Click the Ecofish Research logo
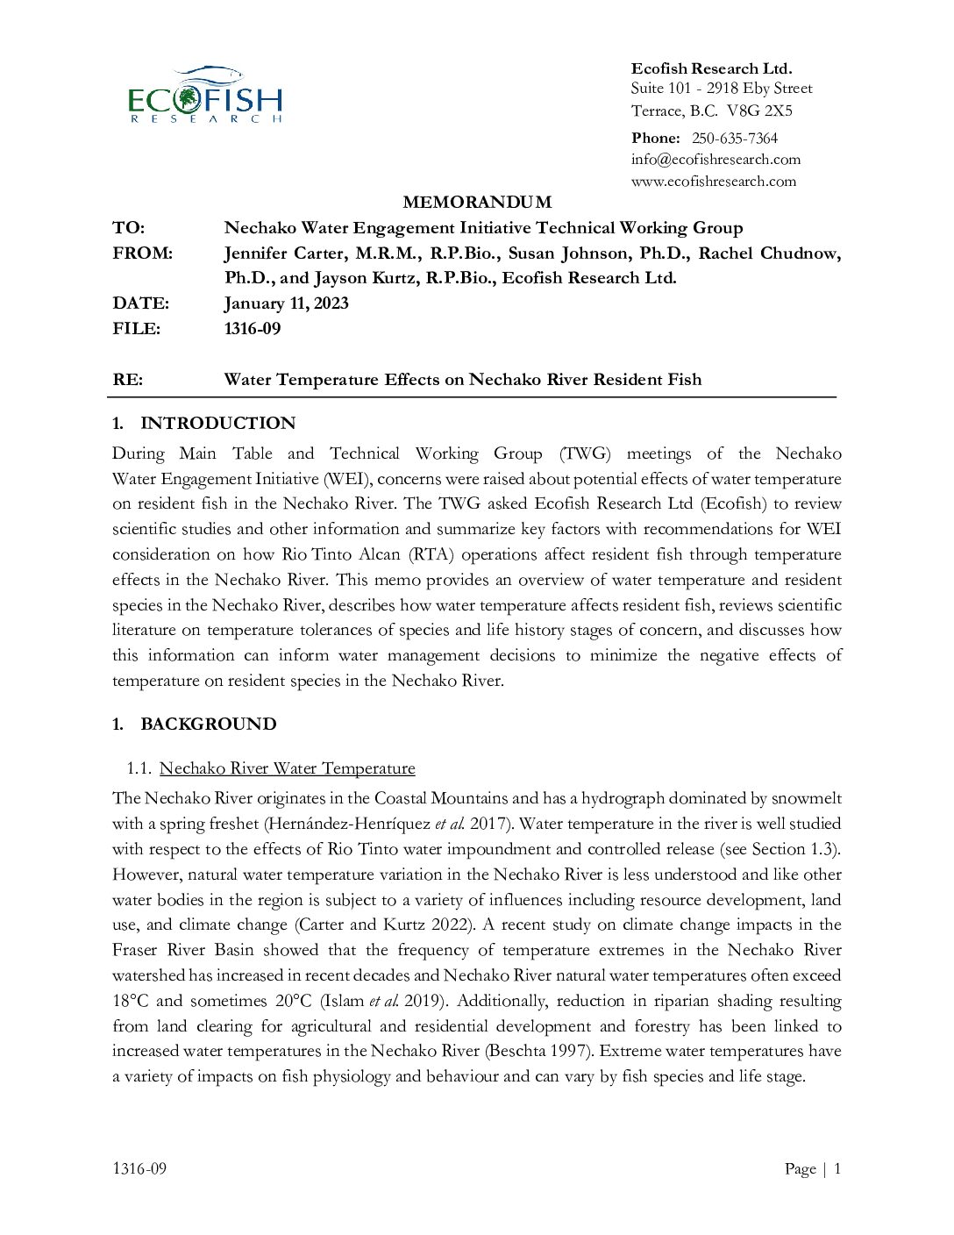tap(205, 95)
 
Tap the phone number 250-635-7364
tap(734, 138)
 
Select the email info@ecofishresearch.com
tap(715, 160)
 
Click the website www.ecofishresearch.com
tap(714, 182)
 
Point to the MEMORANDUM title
tap(477, 203)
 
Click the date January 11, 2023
tap(286, 303)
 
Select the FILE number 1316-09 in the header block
tap(253, 329)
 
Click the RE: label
tap(128, 380)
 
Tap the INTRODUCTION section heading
tap(217, 424)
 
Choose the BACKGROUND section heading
tap(208, 725)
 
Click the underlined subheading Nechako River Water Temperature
tap(287, 768)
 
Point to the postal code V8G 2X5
tap(759, 111)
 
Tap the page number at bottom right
tap(837, 1168)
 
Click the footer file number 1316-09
tap(139, 1168)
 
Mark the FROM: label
tap(142, 253)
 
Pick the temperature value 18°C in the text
tap(131, 1001)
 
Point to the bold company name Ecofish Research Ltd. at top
tap(711, 68)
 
